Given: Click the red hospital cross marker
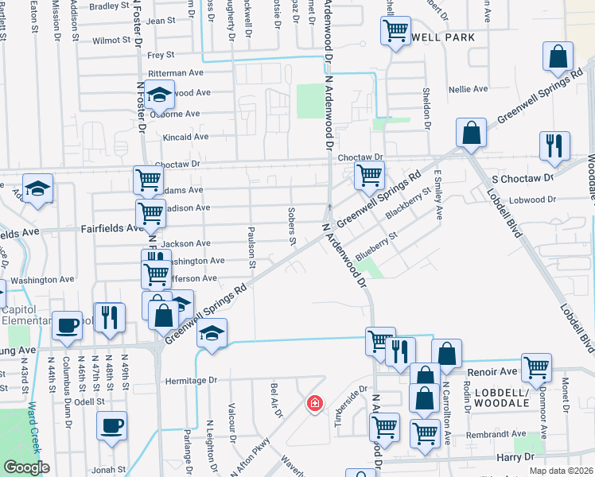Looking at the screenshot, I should pos(316,404).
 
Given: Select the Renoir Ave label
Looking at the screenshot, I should pos(496,371).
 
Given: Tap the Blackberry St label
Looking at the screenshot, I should pos(407,204).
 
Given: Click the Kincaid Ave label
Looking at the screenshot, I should pos(185,137).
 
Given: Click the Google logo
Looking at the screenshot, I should pos(26,467).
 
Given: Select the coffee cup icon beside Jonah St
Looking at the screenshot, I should pos(111,425).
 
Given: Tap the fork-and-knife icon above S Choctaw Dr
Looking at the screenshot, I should pos(554,145).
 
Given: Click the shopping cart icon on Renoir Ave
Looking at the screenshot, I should pos(538,366).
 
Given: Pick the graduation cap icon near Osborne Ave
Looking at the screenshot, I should pos(160,96).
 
